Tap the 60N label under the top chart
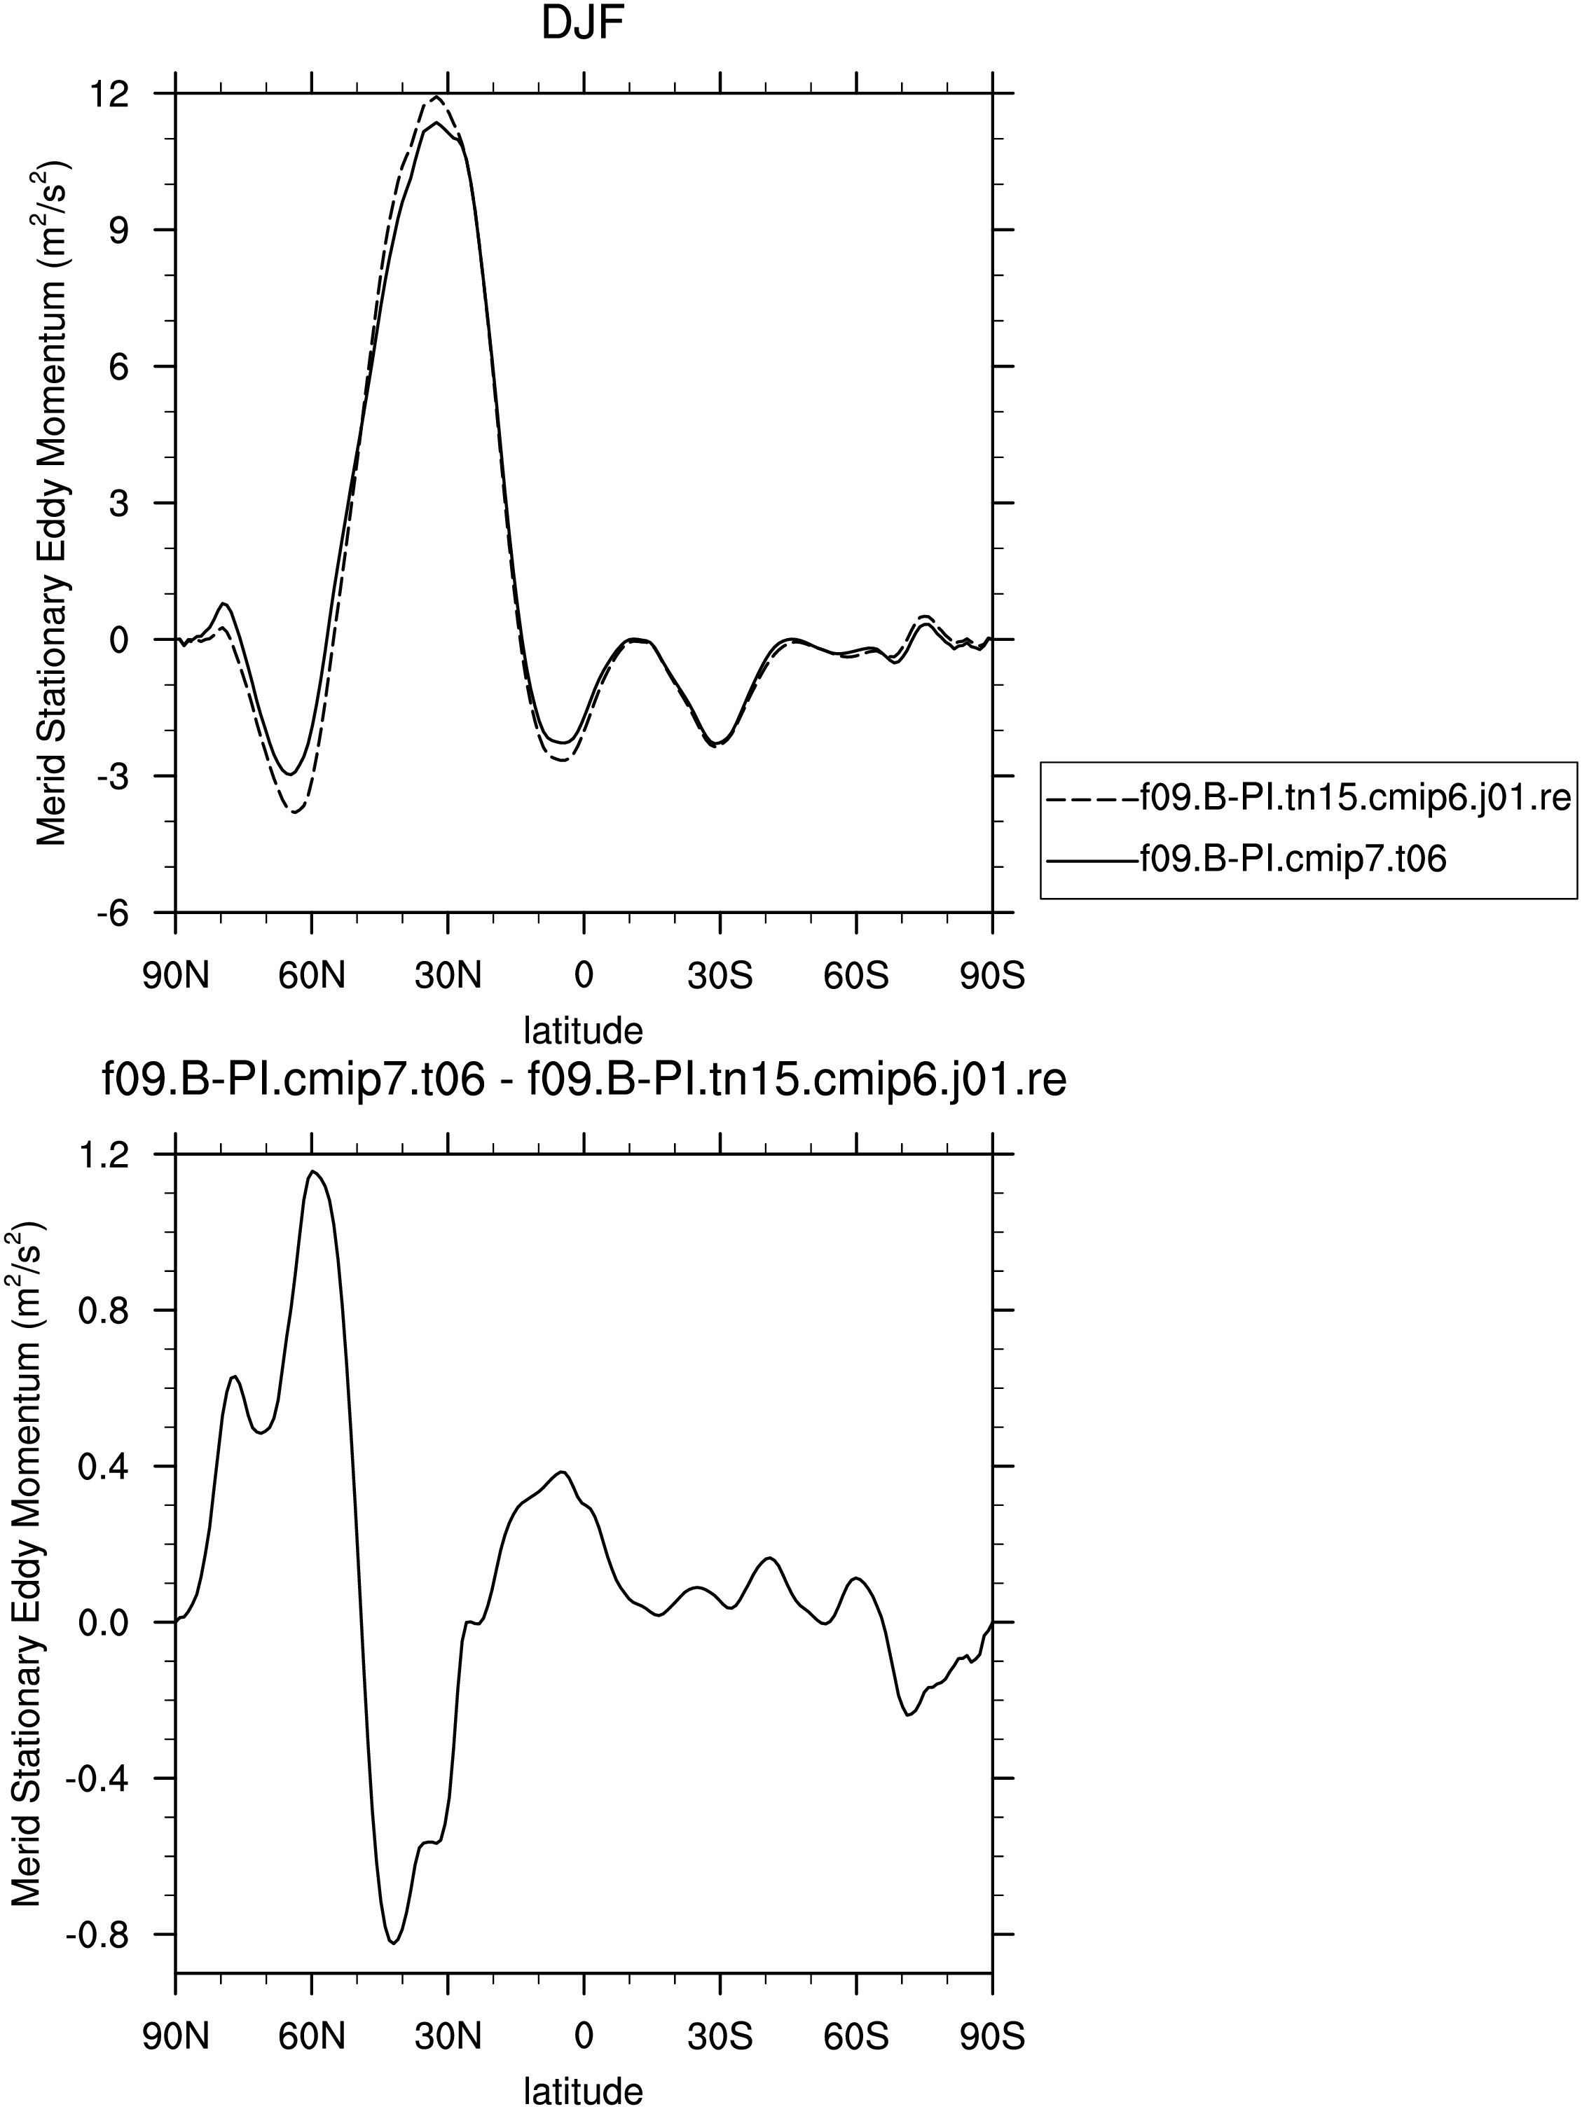click(312, 976)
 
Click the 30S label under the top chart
click(720, 976)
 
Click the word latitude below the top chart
click(584, 1030)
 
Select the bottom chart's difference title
click(584, 1081)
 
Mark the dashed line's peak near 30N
click(436, 96)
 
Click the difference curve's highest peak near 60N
click(312, 1172)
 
